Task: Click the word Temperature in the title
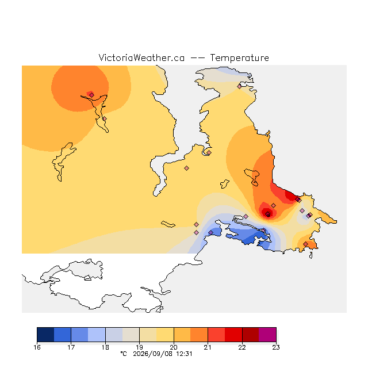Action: [239, 57]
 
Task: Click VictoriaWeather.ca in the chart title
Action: [141, 57]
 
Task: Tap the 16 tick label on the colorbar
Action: [37, 347]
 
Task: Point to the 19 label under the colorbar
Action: [139, 347]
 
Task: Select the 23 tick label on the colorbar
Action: [276, 347]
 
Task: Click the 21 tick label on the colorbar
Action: [208, 347]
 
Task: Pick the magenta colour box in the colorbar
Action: [267, 335]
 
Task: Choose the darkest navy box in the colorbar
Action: [45, 335]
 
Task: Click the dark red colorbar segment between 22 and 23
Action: [251, 335]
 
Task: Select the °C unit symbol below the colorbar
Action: [124, 354]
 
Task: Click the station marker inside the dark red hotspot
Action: [267, 214]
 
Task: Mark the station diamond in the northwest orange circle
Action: [91, 95]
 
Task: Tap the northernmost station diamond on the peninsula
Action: [239, 87]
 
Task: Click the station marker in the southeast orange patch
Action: [305, 244]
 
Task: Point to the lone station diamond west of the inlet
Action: [186, 168]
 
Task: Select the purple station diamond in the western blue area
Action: [211, 232]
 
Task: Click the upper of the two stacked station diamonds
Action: [197, 225]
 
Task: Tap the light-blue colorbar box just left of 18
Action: [97, 335]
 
